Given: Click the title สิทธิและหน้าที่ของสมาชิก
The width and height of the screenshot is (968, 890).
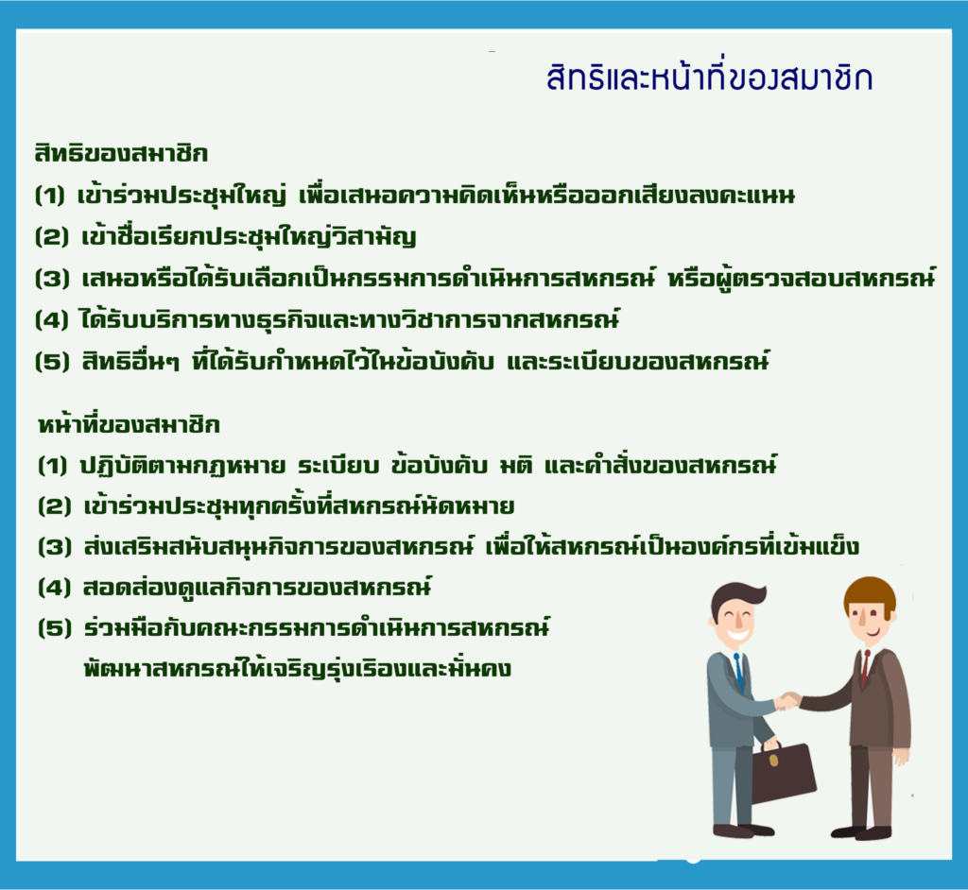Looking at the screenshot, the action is pyautogui.click(x=709, y=78).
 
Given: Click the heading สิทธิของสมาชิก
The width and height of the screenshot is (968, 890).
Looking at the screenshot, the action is pyautogui.click(x=121, y=153).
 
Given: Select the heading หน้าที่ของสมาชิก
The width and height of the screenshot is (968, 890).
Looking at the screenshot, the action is pyautogui.click(x=129, y=424).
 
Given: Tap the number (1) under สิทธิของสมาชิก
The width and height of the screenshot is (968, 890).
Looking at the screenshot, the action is pyautogui.click(x=50, y=196).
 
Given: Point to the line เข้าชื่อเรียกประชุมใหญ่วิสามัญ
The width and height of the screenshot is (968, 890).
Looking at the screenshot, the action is pyautogui.click(x=249, y=236).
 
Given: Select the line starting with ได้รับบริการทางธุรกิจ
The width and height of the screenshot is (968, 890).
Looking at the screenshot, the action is pyautogui.click(x=350, y=319).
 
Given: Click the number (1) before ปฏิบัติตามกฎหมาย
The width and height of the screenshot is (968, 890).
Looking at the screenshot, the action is pyautogui.click(x=53, y=466).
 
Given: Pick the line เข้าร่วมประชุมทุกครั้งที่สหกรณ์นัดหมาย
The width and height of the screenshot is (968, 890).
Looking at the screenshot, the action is pyautogui.click(x=299, y=506).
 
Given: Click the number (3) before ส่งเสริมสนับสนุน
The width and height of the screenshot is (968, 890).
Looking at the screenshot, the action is pyautogui.click(x=55, y=547).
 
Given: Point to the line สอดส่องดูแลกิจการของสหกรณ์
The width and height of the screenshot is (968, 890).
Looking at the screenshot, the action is pyautogui.click(x=257, y=588).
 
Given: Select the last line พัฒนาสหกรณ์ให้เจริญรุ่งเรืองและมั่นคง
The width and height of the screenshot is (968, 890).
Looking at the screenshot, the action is pyautogui.click(x=298, y=669).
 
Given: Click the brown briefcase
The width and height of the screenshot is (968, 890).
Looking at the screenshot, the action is pyautogui.click(x=784, y=773).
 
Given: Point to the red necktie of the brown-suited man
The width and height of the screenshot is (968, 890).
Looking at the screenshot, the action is pyautogui.click(x=866, y=668).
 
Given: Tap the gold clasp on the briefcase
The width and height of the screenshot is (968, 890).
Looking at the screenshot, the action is pyautogui.click(x=774, y=760).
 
